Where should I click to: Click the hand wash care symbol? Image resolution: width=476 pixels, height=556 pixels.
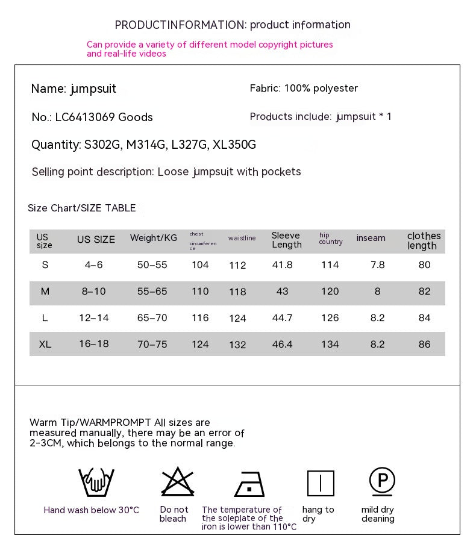pyautogui.click(x=96, y=482)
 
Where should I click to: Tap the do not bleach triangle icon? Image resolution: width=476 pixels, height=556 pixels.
pyautogui.click(x=178, y=482)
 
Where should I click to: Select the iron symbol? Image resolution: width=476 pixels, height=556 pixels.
pyautogui.click(x=249, y=484)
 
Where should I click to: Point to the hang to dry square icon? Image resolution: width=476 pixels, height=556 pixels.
pyautogui.click(x=321, y=483)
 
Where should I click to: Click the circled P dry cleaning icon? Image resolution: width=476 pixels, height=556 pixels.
pyautogui.click(x=382, y=481)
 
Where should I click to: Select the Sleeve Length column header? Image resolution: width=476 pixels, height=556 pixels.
pyautogui.click(x=286, y=240)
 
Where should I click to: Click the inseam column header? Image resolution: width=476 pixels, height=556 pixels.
pyautogui.click(x=371, y=238)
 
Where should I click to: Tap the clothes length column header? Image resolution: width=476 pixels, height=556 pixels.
pyautogui.click(x=424, y=240)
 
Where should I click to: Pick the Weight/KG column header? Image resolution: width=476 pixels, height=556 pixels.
pyautogui.click(x=154, y=238)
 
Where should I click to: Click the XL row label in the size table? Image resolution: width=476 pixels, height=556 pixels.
pyautogui.click(x=45, y=344)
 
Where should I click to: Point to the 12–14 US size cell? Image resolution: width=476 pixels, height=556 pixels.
pyautogui.click(x=94, y=317)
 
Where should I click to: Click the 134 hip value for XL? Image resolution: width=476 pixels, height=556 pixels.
pyautogui.click(x=330, y=344)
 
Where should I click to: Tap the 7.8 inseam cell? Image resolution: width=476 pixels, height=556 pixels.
pyautogui.click(x=378, y=264)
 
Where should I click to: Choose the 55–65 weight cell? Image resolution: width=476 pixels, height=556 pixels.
pyautogui.click(x=152, y=291)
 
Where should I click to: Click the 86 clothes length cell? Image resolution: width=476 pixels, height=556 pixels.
pyautogui.click(x=424, y=344)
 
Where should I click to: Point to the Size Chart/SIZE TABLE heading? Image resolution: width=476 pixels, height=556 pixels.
pyautogui.click(x=82, y=208)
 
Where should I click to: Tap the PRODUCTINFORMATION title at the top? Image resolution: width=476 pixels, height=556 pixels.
pyautogui.click(x=180, y=25)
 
